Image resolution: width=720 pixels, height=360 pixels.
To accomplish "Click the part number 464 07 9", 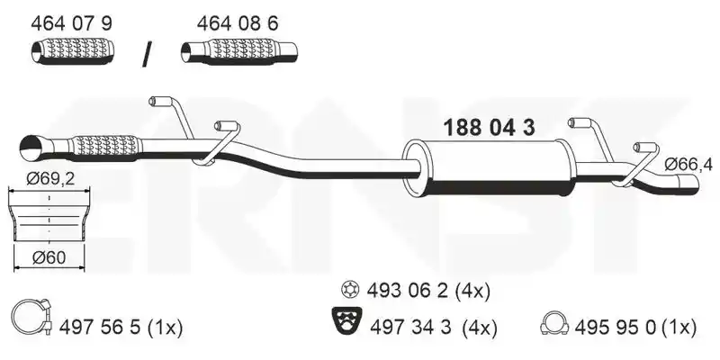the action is pos(71,23).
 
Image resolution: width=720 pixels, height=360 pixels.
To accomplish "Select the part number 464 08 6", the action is pos(238,23).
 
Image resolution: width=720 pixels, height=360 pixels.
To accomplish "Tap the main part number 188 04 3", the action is pos(489,128).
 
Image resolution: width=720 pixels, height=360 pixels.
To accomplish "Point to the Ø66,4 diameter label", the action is pos(688,165).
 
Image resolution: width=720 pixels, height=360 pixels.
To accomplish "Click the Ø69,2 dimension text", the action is pos(50,178).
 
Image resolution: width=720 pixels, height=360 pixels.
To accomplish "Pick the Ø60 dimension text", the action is pos(49,257).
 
